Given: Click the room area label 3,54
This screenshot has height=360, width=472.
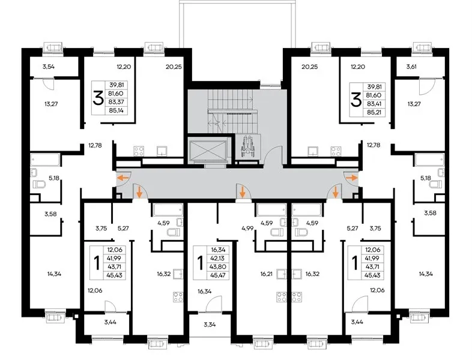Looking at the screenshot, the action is (49, 67).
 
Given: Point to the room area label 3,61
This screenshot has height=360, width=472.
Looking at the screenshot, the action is (411, 67).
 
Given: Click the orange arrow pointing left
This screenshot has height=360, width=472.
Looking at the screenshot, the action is (123, 178).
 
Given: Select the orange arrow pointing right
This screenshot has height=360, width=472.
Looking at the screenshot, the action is (352, 178).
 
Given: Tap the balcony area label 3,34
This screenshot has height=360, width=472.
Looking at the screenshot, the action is (210, 325).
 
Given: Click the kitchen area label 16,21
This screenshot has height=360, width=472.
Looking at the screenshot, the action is (267, 274).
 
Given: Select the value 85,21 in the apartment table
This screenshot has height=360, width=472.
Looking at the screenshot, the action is (374, 113).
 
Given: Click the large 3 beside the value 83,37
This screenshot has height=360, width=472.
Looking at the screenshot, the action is (98, 98).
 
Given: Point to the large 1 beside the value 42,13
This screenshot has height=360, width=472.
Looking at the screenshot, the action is (200, 263).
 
